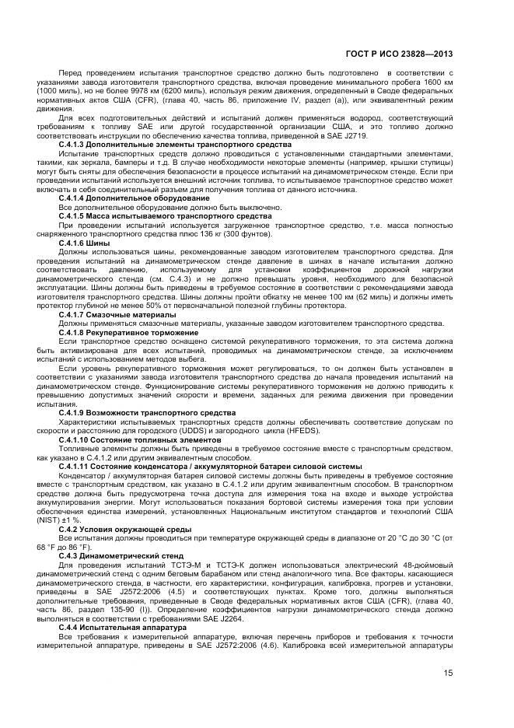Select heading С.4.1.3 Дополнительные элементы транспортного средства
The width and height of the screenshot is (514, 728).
click(175, 145)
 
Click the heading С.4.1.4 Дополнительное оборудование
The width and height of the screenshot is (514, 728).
click(134, 198)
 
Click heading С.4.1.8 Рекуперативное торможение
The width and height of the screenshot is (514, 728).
click(128, 333)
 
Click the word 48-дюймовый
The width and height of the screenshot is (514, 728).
click(425, 566)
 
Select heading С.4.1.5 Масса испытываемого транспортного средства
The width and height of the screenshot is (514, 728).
click(165, 215)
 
